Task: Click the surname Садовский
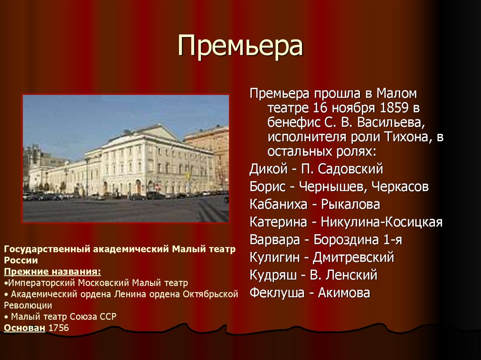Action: (348, 169)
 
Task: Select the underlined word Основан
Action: (24, 328)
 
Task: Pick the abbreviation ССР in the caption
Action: (108, 316)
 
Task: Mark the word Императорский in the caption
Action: (37, 283)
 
